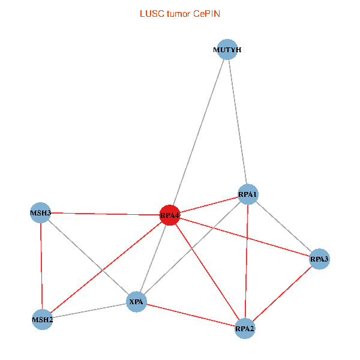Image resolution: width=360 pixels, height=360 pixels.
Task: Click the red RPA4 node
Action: (x=170, y=215)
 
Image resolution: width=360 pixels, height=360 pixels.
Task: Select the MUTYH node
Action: (x=227, y=49)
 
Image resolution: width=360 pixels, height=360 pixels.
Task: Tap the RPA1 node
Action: (x=248, y=194)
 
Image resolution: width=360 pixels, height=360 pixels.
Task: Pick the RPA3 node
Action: (x=319, y=259)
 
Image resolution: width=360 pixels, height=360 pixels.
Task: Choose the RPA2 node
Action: (x=245, y=329)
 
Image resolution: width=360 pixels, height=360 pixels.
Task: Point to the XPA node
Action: (x=136, y=302)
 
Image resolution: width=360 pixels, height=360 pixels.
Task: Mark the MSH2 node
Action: (x=43, y=320)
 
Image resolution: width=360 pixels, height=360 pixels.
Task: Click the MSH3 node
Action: (x=41, y=213)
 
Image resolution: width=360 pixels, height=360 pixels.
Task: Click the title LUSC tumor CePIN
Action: (x=180, y=14)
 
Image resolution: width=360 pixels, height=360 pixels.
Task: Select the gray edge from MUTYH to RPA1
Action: (x=238, y=122)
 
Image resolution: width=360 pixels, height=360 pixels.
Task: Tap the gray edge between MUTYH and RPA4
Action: (x=199, y=132)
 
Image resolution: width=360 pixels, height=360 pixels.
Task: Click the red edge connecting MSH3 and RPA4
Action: (x=105, y=214)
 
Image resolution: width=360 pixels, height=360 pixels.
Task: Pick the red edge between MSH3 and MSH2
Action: (x=41, y=266)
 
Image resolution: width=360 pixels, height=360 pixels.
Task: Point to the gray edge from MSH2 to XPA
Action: (x=89, y=311)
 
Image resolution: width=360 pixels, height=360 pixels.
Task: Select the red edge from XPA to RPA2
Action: (x=191, y=315)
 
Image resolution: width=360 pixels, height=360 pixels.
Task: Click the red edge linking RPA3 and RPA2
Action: (x=282, y=294)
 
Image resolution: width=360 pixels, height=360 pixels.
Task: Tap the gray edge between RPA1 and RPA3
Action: (x=284, y=227)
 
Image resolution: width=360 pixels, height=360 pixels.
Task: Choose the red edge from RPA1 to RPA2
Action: (x=247, y=261)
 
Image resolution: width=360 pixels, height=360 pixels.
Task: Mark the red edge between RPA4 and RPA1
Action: (x=209, y=205)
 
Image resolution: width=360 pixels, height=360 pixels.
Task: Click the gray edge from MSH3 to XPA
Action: (x=88, y=257)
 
